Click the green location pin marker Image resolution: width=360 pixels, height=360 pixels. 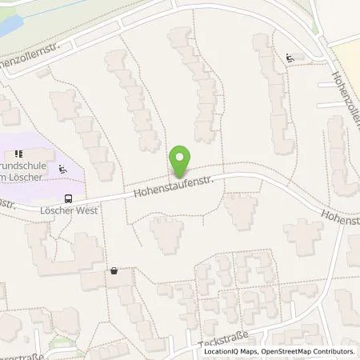[180, 162]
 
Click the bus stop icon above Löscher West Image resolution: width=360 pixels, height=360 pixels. [69, 199]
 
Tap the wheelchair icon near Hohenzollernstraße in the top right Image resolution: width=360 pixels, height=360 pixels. [289, 58]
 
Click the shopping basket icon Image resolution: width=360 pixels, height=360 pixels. [115, 270]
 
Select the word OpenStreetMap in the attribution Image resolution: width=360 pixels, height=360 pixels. [285, 351]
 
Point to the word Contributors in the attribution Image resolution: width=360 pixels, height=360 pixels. [334, 351]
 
